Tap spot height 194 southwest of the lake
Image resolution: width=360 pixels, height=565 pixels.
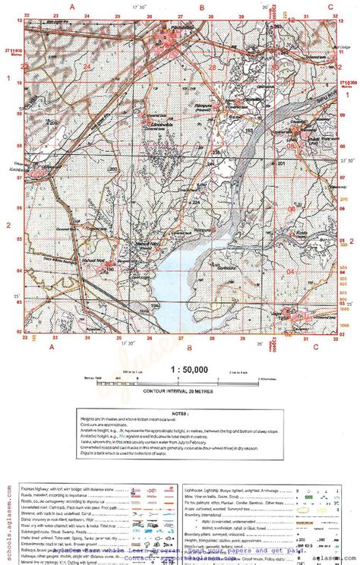pyautogui.click(x=156, y=305)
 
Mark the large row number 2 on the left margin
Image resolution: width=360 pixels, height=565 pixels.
pyautogui.click(x=8, y=226)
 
